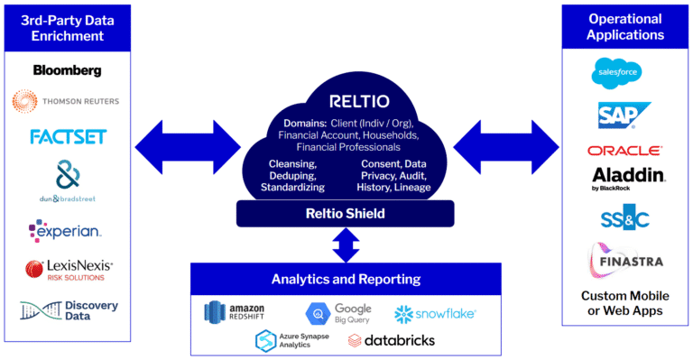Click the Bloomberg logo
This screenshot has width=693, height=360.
point(67,69)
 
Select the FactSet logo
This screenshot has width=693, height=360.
point(68,136)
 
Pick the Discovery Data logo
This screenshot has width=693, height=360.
point(69,311)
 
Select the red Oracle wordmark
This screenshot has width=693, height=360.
point(624,151)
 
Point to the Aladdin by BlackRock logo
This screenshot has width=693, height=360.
point(624,178)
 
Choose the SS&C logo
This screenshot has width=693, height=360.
point(624,217)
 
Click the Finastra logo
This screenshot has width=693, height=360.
point(625,261)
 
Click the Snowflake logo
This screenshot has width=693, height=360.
point(434,313)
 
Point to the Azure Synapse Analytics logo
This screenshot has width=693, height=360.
point(288,340)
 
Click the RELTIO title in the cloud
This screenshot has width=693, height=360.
point(348,99)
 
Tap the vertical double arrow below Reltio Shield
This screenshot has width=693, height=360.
point(347,244)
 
